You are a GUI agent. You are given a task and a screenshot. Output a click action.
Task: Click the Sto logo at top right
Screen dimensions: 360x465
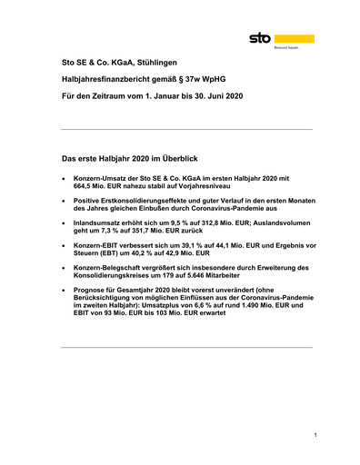(282, 41)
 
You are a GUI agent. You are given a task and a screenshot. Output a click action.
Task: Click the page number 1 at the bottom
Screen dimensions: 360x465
(315, 437)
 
